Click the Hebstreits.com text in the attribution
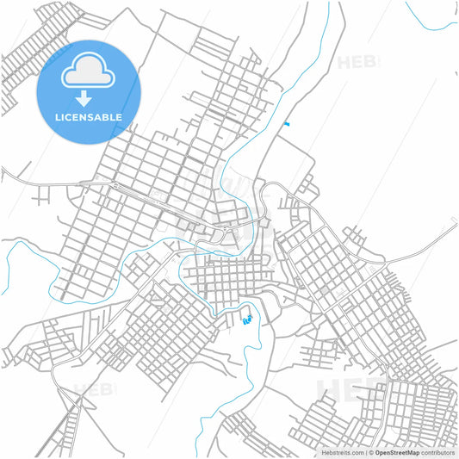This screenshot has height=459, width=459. pos(342,451)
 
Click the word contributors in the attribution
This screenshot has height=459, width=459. pos(437,451)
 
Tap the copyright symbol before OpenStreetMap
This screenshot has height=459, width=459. pos(371,451)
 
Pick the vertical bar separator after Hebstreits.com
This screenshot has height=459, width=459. pos(366,451)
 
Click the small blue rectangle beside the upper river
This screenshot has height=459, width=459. pos(286,125)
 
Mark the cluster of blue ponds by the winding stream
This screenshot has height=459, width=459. pos(248,320)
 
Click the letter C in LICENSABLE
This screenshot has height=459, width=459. pos(68,117)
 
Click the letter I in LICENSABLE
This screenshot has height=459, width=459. pos(62,117)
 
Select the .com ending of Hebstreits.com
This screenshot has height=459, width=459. pos(356,451)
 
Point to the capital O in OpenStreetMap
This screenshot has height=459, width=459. pos(377,451)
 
